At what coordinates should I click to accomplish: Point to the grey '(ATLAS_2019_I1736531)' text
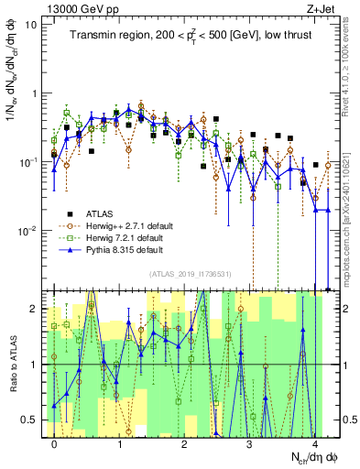click(x=191, y=273)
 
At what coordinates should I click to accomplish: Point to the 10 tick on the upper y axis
click(x=30, y=25)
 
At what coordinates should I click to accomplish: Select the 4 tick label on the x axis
click(x=313, y=442)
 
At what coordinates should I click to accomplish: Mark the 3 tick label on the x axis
click(x=249, y=442)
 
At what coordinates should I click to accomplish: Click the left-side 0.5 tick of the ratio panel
click(x=29, y=420)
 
